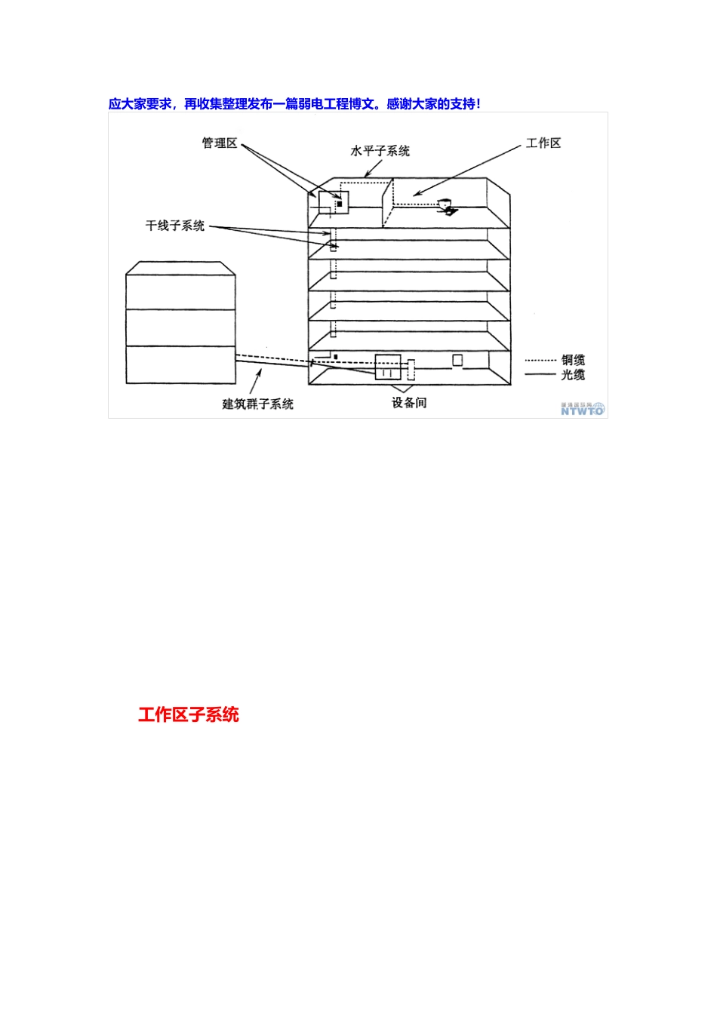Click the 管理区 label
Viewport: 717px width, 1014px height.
click(219, 143)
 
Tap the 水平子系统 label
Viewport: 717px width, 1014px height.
click(380, 151)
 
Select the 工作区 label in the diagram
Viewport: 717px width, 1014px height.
click(543, 143)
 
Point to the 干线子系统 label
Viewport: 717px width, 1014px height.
click(175, 226)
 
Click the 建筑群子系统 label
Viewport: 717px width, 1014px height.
click(257, 404)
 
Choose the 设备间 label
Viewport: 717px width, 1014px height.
click(409, 403)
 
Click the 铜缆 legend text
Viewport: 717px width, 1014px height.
click(573, 360)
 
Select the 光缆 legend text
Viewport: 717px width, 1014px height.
click(573, 374)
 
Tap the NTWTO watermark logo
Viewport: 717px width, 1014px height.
click(583, 409)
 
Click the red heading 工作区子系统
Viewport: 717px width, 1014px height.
click(189, 714)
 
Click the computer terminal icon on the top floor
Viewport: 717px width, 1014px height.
click(446, 206)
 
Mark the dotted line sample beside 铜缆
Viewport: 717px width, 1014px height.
click(540, 361)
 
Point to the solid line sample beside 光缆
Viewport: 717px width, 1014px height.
click(540, 375)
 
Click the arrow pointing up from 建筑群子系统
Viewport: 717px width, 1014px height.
click(256, 380)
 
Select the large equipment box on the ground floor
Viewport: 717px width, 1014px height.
click(388, 366)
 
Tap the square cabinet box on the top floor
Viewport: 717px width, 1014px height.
click(334, 203)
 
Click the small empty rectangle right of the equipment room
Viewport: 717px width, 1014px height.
click(457, 360)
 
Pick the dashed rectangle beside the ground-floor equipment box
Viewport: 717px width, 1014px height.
click(411, 370)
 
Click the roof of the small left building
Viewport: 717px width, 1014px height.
click(180, 268)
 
